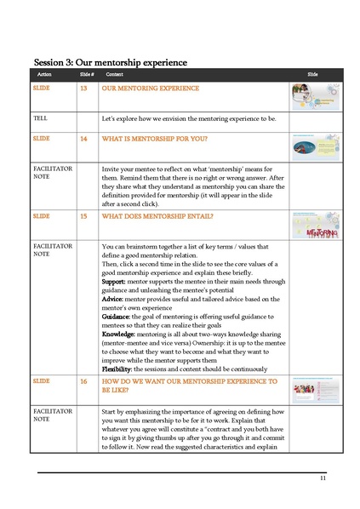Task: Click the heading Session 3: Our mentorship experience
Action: (x=110, y=62)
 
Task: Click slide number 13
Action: (x=83, y=88)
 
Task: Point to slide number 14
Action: (x=83, y=137)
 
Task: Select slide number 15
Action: (x=83, y=217)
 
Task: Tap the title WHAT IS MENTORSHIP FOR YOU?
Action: (x=157, y=137)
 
